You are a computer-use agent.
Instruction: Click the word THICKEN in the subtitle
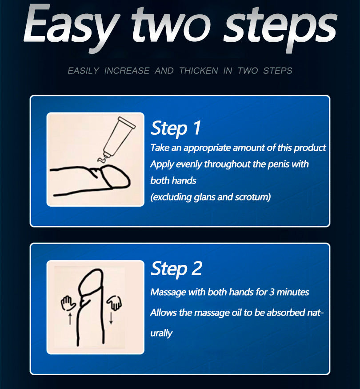198,71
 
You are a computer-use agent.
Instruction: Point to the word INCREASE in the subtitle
127,71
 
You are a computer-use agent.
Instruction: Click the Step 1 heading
176,128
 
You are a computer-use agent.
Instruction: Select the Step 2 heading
176,269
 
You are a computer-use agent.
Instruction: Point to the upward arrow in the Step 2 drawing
70,319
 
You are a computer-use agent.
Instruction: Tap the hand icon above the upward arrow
68,303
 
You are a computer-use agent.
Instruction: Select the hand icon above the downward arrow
114,303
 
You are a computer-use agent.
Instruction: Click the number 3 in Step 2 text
272,292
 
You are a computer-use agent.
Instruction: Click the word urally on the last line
161,333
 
